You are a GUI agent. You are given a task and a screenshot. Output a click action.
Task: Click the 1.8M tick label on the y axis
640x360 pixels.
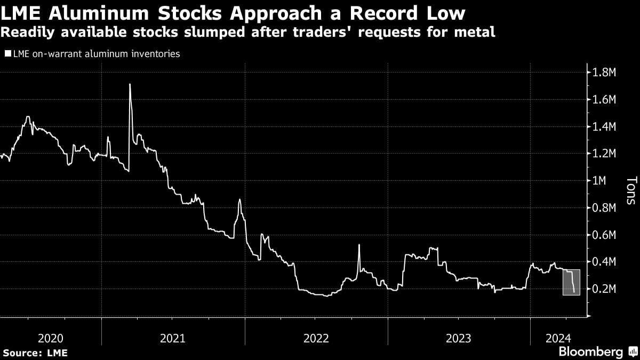(x=605, y=72)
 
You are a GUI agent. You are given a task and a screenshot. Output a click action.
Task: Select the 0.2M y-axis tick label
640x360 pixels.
(x=605, y=289)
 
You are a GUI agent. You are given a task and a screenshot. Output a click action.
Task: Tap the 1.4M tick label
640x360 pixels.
(x=605, y=126)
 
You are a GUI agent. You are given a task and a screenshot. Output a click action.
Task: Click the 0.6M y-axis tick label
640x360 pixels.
(x=605, y=235)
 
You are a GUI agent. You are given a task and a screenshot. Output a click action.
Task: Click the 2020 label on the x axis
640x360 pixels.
(x=51, y=338)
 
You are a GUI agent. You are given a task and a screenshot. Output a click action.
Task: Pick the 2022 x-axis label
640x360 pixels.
(x=316, y=338)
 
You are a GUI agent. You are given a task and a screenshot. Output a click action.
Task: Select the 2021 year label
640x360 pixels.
(x=172, y=338)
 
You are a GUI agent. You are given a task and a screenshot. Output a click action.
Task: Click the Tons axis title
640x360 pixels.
(x=630, y=191)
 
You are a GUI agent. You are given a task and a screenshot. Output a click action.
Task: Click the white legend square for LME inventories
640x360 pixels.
(x=7, y=54)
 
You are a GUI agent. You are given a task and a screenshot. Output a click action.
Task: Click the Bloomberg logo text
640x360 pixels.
(x=590, y=351)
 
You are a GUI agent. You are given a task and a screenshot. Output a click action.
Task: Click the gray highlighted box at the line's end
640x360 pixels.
(x=571, y=282)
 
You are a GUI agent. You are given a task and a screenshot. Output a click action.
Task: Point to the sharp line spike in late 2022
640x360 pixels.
(x=359, y=245)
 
